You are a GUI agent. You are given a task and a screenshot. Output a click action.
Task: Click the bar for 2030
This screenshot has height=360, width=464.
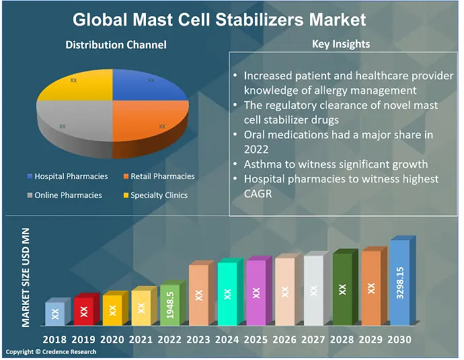click(x=400, y=283)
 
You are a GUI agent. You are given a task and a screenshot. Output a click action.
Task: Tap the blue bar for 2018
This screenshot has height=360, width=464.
click(x=55, y=313)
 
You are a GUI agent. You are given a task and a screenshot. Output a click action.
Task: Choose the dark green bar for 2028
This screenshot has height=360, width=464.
click(x=343, y=288)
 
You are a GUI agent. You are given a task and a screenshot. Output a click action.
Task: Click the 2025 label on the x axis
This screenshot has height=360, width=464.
click(x=256, y=340)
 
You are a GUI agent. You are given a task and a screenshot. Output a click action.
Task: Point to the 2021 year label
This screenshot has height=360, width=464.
click(x=141, y=340)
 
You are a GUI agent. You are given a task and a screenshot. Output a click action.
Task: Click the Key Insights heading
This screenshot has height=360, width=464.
click(x=341, y=44)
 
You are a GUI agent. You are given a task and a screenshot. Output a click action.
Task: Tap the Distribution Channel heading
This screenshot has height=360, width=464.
click(x=116, y=45)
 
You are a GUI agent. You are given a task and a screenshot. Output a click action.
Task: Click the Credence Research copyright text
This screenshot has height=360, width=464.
click(x=51, y=352)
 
